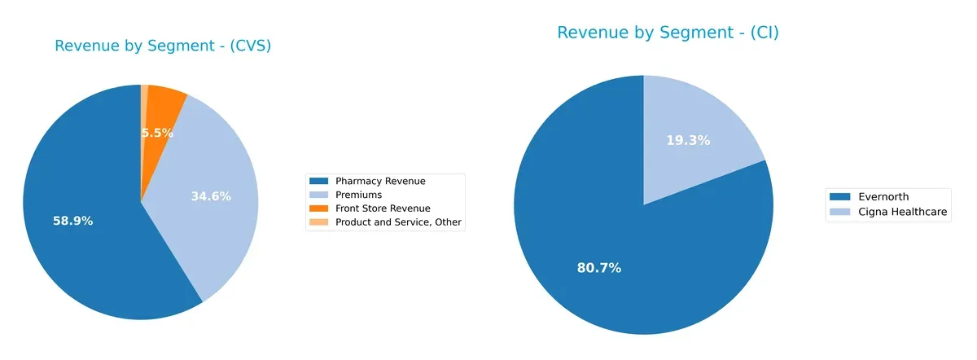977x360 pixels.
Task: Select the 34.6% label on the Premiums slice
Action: [211, 196]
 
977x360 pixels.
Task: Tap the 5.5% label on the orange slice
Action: [157, 133]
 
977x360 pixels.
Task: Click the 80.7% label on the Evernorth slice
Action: [599, 267]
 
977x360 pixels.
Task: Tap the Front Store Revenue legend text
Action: [383, 209]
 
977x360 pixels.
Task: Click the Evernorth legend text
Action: [877, 196]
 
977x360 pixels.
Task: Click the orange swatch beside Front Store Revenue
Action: [319, 209]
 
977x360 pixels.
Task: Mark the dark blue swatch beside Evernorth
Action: [839, 196]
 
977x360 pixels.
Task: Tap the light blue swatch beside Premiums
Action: [319, 195]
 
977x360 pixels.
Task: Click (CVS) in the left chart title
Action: [248, 46]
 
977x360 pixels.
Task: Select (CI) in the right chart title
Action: [756, 33]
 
